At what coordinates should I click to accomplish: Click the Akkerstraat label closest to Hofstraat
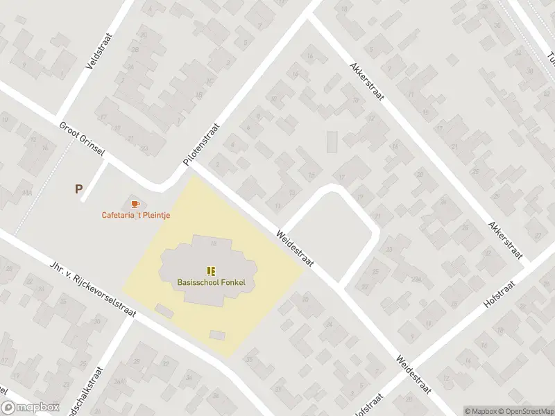tap(504, 239)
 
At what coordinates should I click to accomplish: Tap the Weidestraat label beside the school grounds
tap(296, 248)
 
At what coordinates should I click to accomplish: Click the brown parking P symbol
tap(78, 188)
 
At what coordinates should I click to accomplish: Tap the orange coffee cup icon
tap(135, 203)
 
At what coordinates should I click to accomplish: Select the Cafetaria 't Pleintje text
tap(136, 215)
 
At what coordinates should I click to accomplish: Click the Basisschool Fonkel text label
tap(211, 282)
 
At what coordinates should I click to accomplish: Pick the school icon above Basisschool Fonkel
tap(211, 270)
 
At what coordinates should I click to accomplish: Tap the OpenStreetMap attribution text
tap(527, 411)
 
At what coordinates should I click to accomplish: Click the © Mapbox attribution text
tap(481, 411)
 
